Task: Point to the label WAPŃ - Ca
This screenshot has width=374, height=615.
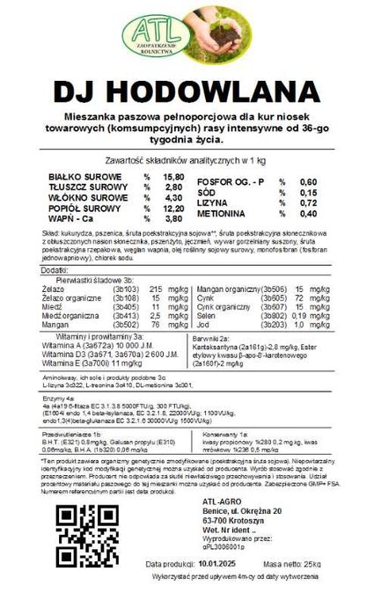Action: coord(73,218)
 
